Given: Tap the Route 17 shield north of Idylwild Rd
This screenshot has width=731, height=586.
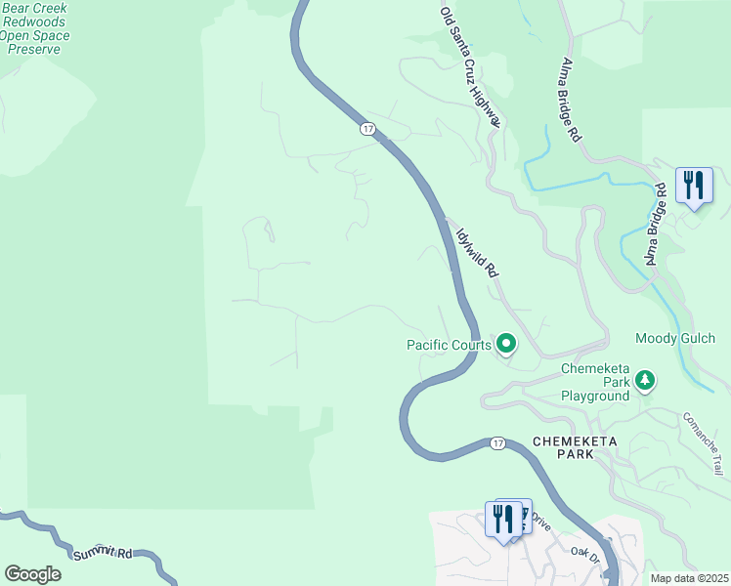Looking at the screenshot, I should point(367,129).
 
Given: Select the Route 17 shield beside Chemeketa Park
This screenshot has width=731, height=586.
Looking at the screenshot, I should point(497,443).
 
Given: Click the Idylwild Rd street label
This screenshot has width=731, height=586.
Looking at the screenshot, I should point(478,253).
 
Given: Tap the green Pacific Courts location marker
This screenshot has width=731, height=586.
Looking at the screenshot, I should point(506,344).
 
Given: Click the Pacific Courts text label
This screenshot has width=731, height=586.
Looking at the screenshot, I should point(447,345).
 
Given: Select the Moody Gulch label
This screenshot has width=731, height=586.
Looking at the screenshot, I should point(682,339).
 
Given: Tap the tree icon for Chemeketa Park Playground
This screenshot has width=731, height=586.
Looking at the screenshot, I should point(644,379).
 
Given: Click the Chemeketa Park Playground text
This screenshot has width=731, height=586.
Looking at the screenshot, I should point(594,383).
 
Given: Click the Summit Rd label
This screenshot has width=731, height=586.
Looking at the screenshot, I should point(103,553).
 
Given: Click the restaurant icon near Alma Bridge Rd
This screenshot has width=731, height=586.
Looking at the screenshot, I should point(694,186).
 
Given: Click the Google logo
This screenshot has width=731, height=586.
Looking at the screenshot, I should point(32,574).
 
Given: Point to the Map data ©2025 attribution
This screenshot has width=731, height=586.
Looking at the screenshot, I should point(688,578).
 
